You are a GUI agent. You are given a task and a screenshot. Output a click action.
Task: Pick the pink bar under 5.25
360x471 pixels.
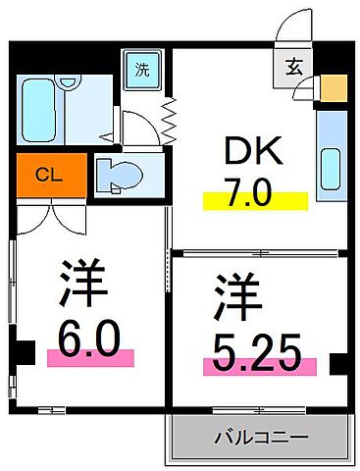tap(259, 368)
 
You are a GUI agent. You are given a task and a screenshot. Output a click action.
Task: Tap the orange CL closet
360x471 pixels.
tap(45, 176)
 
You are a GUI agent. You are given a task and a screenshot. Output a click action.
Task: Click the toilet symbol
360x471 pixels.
tap(121, 176)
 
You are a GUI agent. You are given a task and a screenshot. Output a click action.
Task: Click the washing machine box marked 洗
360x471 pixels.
tap(143, 70)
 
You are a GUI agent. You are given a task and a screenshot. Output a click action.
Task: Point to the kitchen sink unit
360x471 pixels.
tap(331, 151)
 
